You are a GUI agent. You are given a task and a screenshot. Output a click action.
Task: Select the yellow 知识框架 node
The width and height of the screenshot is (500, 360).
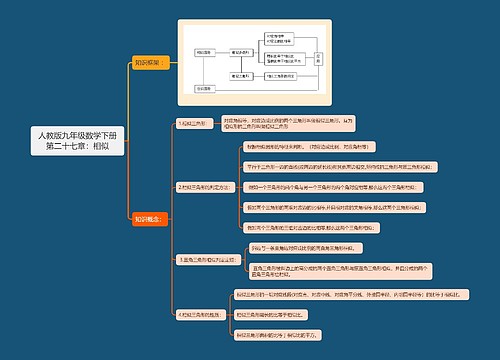tap(148, 62)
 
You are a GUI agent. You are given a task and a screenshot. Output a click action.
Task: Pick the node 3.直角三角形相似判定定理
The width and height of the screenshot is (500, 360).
tap(207, 259)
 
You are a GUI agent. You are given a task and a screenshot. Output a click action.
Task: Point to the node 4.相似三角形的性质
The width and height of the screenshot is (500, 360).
tap(201, 314)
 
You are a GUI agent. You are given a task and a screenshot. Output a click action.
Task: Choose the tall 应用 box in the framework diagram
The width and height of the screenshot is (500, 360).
tap(318, 60)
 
